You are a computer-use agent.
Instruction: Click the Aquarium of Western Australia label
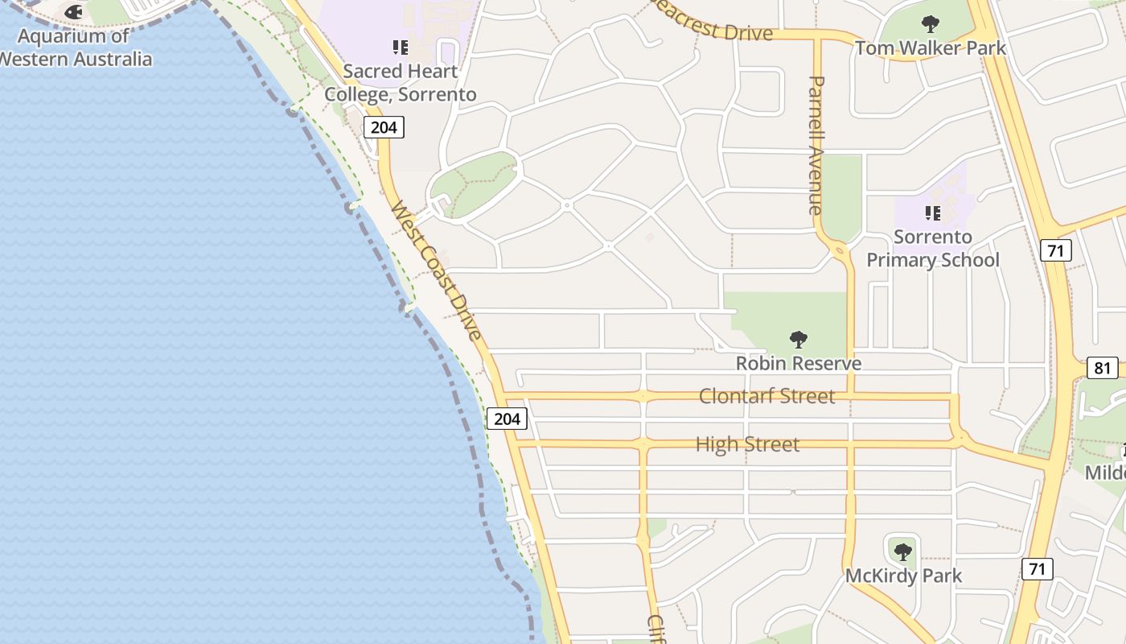(75, 47)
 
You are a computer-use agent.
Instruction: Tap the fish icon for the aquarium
(73, 12)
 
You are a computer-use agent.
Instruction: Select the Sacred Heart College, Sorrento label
(400, 83)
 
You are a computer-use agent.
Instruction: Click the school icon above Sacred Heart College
(400, 47)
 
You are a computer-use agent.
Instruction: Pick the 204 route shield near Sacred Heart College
(383, 127)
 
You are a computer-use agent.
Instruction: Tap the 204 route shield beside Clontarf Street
(507, 419)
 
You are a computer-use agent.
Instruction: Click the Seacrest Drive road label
(712, 24)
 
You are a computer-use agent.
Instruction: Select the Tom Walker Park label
(931, 48)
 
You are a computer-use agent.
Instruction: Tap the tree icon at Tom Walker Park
(931, 23)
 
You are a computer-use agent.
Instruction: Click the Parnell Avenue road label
(816, 145)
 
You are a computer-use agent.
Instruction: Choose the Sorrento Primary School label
(932, 249)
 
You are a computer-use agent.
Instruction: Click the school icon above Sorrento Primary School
(932, 213)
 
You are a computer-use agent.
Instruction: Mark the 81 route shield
(1103, 369)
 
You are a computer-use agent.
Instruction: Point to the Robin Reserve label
(799, 363)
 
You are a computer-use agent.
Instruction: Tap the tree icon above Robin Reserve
(799, 339)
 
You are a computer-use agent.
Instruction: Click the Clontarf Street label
(766, 396)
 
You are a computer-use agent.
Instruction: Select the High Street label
(747, 444)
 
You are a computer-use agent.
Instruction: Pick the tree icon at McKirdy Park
(903, 551)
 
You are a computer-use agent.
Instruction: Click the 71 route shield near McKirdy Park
(1038, 569)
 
